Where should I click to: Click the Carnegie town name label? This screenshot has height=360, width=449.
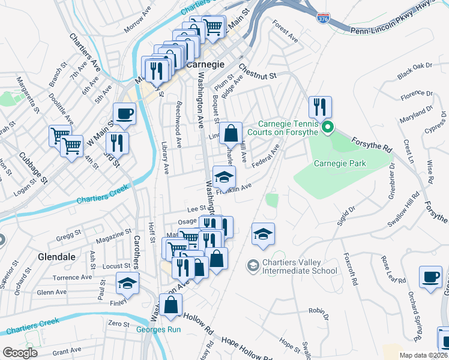point(205,64)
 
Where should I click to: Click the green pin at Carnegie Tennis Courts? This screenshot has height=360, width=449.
point(327,127)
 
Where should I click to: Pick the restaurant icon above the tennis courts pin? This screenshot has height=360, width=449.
point(319,107)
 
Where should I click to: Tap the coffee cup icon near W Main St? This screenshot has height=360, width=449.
point(124,113)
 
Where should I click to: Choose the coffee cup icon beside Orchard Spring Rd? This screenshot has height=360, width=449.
point(430,277)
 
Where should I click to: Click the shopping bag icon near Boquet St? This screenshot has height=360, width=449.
point(230,133)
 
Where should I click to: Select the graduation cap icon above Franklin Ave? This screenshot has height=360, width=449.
point(224,177)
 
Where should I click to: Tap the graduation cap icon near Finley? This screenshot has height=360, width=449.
point(127,283)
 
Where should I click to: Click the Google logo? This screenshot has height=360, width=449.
point(20,353)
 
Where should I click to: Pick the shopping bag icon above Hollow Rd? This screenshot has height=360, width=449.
point(171,304)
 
